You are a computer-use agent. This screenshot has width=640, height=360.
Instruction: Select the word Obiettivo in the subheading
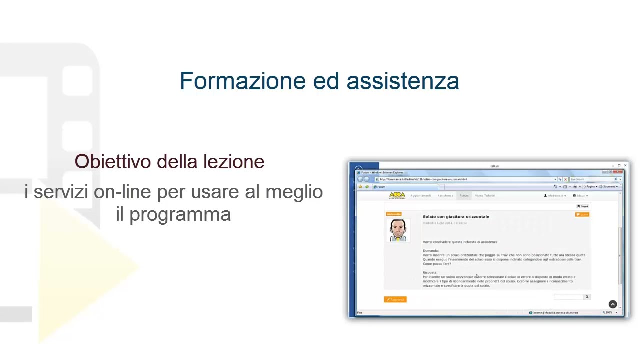coord(113,161)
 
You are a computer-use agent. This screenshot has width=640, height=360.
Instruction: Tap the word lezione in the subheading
coord(234,161)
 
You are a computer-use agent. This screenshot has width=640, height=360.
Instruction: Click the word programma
coord(180,215)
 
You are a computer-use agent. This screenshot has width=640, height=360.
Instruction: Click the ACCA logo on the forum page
coord(397,195)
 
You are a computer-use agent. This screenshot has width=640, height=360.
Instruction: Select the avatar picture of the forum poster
coord(398,230)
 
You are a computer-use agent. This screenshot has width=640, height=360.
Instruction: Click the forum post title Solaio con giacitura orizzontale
coord(456,217)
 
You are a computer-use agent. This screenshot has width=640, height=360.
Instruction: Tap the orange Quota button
coord(582,214)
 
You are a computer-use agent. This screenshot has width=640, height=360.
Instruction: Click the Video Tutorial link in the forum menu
coord(485,196)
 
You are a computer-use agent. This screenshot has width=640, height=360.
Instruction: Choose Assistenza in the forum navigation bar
coord(445,196)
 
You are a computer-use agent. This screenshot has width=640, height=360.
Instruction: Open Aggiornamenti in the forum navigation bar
coord(420,196)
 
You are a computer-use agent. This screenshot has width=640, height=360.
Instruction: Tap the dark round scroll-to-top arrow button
coord(613,304)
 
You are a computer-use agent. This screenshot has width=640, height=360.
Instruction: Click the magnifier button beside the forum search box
coord(587,297)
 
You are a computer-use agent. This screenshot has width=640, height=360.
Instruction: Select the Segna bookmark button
coord(583,206)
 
